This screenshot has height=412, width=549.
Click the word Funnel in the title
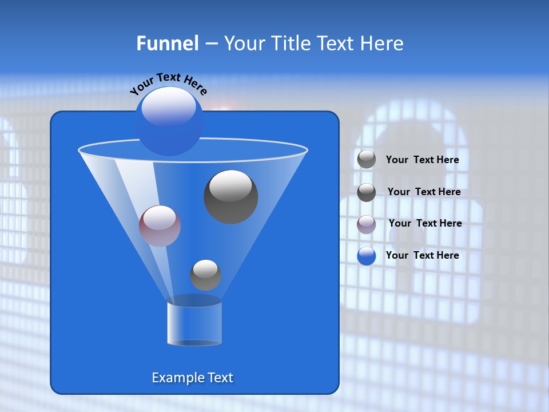click(167, 43)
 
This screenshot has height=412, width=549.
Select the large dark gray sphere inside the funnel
click(230, 197)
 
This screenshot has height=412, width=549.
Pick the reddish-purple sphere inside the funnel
click(160, 226)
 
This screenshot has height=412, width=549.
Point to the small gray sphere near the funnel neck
click(205, 275)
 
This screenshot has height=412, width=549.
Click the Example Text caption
click(192, 378)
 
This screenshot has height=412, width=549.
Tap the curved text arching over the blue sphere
click(169, 83)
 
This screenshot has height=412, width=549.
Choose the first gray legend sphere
click(367, 160)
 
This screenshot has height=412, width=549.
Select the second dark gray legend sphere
click(367, 192)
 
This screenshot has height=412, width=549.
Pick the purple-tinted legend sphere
click(367, 224)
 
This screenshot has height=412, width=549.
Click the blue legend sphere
click(367, 256)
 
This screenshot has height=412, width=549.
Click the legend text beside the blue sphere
click(423, 255)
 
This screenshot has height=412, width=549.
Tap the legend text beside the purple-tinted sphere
click(425, 223)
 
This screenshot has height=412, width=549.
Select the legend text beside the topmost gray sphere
click(423, 160)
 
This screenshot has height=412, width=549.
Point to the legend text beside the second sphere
click(424, 192)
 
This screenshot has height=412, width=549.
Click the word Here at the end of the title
click(383, 43)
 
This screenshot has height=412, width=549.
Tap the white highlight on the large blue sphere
click(168, 106)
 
